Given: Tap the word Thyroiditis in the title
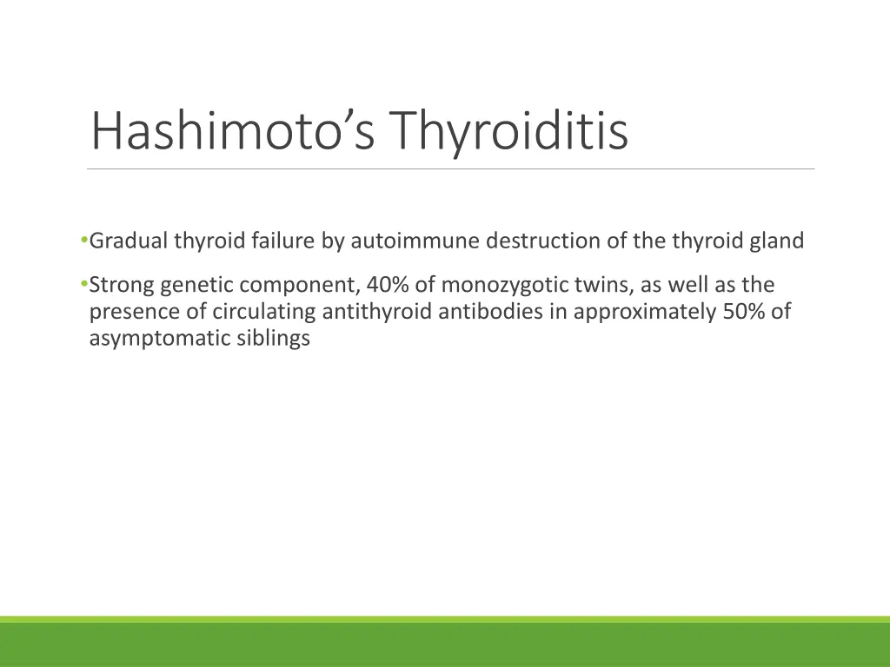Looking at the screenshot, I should click(508, 130).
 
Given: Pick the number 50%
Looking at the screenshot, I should click(743, 312).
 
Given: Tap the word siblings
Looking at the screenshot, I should click(273, 339).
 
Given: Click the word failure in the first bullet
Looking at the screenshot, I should click(283, 241).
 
